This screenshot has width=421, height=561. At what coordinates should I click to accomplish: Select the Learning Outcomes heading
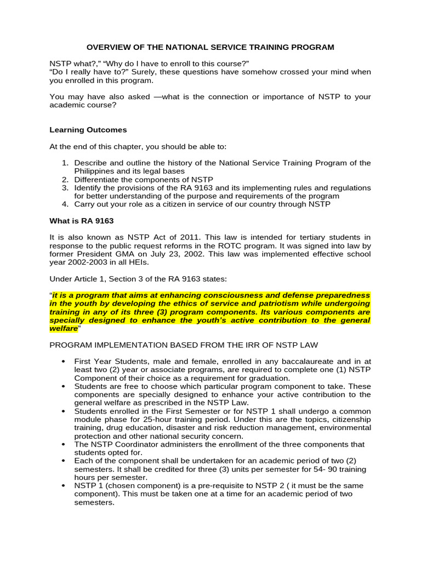click(88, 130)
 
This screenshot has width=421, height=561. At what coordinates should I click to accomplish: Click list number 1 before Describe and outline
click(64, 163)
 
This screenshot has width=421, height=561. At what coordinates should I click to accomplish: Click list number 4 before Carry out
click(64, 204)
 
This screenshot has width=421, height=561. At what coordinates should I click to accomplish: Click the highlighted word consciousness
click(210, 295)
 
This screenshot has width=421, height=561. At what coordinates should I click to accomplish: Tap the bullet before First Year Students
click(64, 362)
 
